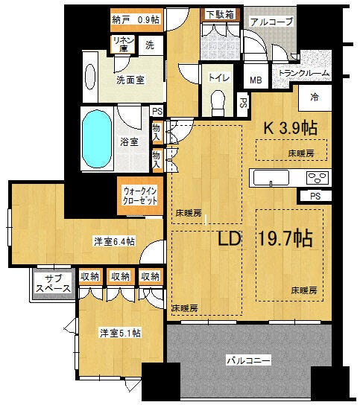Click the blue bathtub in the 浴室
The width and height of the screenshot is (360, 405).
[x=97, y=138]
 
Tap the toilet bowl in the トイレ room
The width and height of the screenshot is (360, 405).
[x=218, y=103]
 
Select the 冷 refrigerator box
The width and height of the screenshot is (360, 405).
[x=315, y=98]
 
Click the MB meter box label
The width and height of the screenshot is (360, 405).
[x=256, y=80]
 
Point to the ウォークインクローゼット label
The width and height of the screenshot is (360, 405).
[x=140, y=196]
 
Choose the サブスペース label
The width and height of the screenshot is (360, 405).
[x=54, y=284]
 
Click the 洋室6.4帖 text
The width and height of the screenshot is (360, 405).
[x=114, y=241]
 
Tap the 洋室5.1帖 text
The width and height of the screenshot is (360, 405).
[x=121, y=333]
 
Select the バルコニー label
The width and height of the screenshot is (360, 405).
[x=248, y=360]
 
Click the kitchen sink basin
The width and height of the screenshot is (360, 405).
[x=271, y=177]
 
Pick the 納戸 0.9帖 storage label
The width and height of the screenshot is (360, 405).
[x=136, y=19]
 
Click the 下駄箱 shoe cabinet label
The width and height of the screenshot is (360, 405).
[x=220, y=14]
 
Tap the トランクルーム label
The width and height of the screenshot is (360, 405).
[x=303, y=73]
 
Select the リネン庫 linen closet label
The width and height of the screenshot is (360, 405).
[x=124, y=44]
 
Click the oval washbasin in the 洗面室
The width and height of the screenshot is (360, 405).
[x=90, y=77]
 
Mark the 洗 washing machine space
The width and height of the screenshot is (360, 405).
[x=151, y=45]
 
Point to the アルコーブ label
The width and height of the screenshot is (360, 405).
[x=271, y=22]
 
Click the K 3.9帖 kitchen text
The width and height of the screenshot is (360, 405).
[x=291, y=127]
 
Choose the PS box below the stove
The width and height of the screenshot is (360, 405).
[x=315, y=197]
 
